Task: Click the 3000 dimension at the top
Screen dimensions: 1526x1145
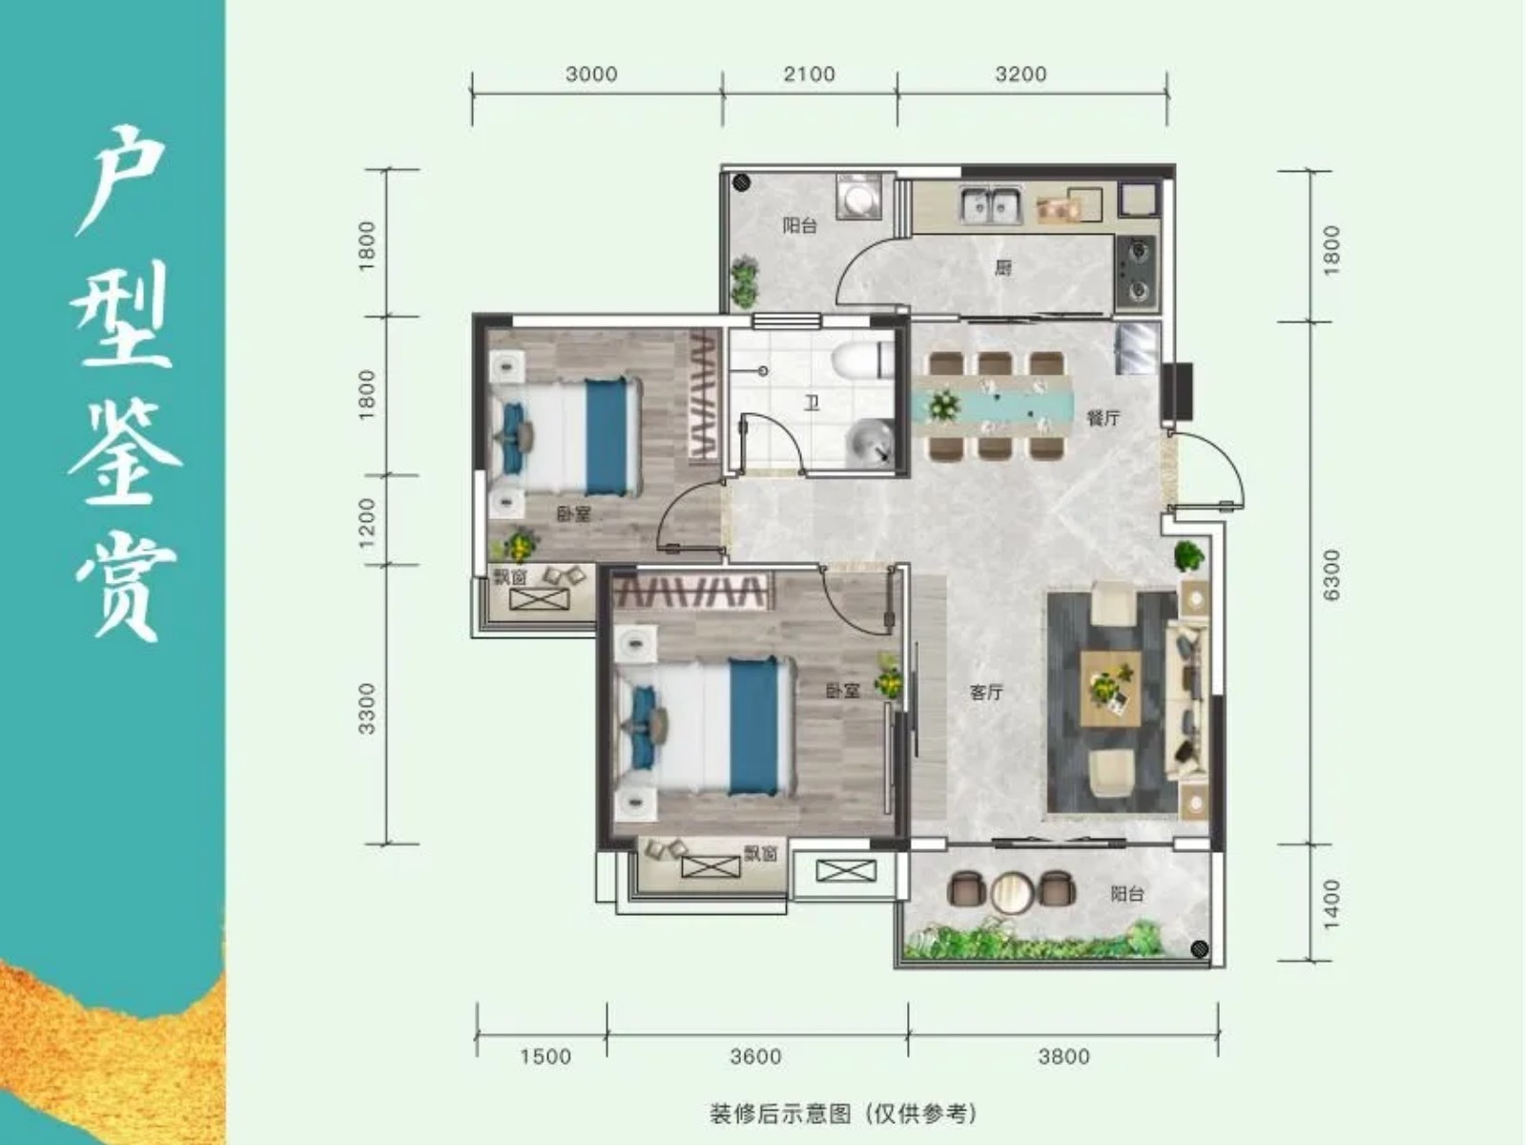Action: coord(591,74)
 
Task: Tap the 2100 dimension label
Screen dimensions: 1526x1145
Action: coord(809,74)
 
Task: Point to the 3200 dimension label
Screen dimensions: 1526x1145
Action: coord(1021,74)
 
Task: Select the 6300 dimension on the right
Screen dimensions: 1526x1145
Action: coord(1330,575)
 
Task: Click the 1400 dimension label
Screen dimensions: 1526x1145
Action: coord(1330,905)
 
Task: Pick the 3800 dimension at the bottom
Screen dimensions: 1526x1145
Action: coord(1063,1057)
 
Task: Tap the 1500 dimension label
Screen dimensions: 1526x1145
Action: coord(546,1057)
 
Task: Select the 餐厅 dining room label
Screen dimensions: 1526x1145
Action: coord(1103,419)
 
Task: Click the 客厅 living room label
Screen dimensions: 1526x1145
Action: coord(986,693)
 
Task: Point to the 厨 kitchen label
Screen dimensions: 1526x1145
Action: coord(1002,268)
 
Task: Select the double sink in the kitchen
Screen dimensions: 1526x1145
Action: coord(991,206)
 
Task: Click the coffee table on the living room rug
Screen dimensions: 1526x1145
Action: coord(1111,689)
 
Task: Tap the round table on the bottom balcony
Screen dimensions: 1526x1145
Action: coord(1012,892)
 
